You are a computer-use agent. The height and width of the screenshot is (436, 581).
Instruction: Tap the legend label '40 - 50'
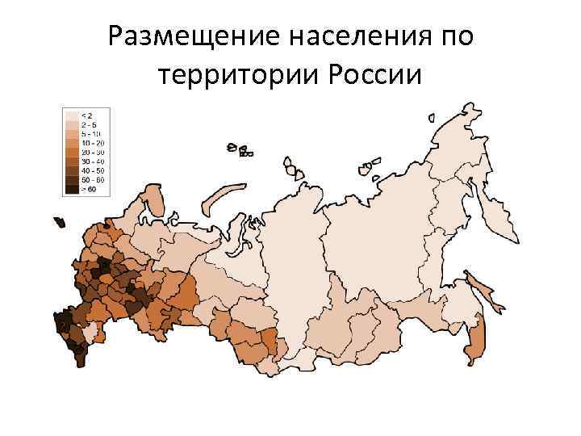point(89,170)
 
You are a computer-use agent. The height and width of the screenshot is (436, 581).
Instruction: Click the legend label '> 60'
point(87,188)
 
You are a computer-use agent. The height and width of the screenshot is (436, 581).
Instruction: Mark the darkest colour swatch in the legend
point(71,188)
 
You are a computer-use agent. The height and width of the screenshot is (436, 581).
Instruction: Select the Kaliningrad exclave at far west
point(58,221)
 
